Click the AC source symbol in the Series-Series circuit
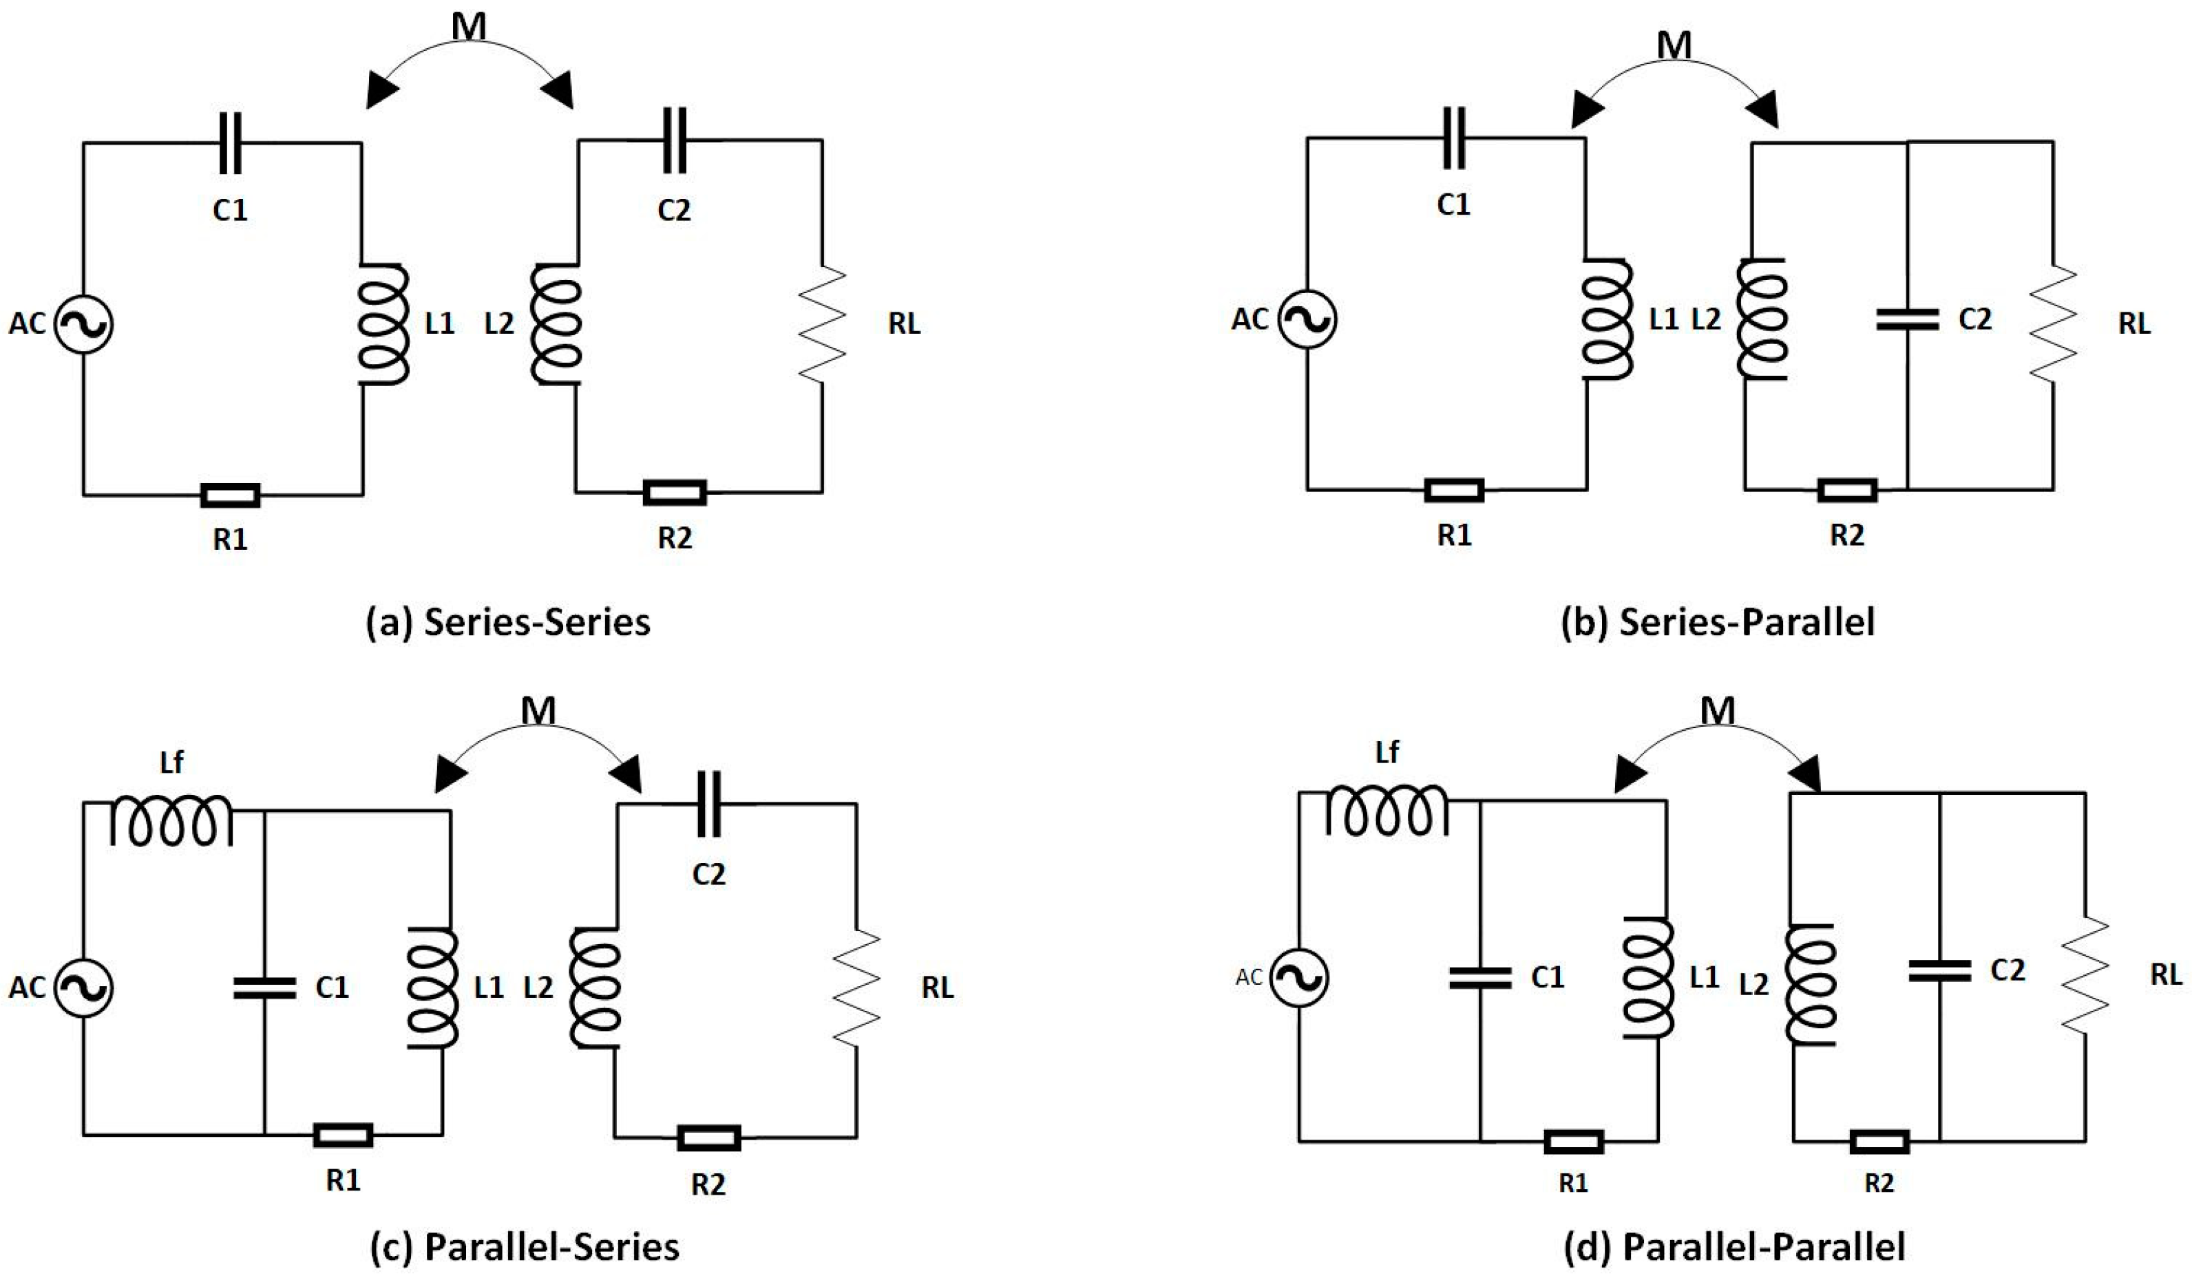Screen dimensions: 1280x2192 click(x=83, y=323)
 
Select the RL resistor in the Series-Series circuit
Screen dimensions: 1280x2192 click(x=823, y=323)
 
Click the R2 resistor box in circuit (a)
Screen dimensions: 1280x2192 click(x=674, y=493)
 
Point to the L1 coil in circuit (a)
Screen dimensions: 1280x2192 click(x=383, y=323)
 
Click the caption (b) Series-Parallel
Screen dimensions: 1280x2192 click(x=1718, y=623)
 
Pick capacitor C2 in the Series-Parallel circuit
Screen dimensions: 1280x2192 click(x=1907, y=319)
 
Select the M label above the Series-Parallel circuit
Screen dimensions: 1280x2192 click(x=1674, y=45)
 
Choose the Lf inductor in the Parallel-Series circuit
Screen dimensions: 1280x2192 click(x=171, y=820)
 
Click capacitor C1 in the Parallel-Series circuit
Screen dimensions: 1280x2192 click(x=264, y=987)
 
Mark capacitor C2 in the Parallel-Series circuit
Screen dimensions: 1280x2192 click(x=709, y=804)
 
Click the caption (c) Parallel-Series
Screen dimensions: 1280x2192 click(x=525, y=1247)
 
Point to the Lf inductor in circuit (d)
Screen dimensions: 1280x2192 click(x=1387, y=811)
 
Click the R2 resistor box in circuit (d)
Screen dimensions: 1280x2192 click(x=1879, y=1141)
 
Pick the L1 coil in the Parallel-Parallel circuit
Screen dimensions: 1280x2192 click(x=1647, y=977)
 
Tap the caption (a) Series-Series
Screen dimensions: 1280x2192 click(x=508, y=623)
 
